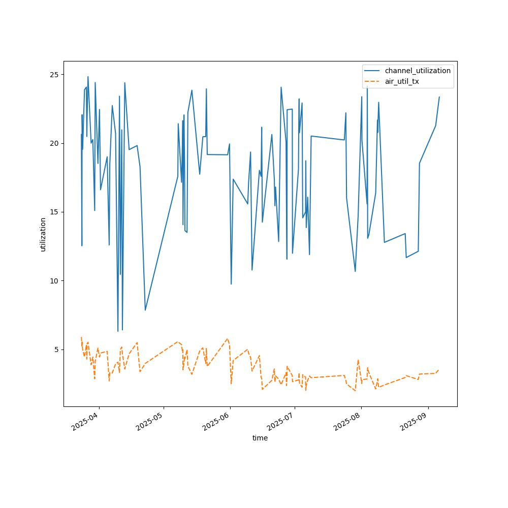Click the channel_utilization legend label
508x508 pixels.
[418, 71]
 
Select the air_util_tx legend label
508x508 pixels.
[402, 81]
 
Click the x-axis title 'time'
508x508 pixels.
[260, 438]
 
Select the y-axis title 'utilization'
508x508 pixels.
[43, 234]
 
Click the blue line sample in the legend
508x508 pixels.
[373, 71]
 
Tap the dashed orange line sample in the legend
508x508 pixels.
[373, 81]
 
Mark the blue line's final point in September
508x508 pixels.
[439, 97]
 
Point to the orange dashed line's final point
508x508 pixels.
[438, 370]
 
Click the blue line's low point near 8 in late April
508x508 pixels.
[145, 310]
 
